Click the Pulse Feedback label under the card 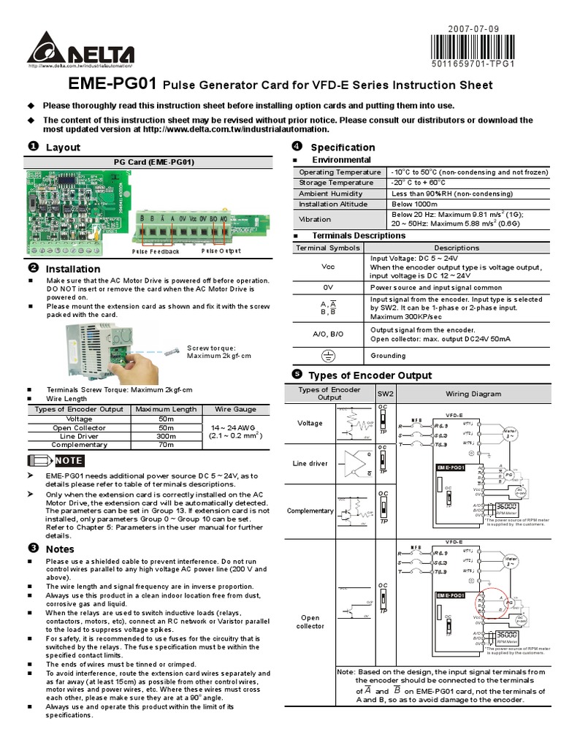coord(156,251)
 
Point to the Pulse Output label coord(221,251)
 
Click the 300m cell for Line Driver coord(166,436)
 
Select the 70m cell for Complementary coord(166,444)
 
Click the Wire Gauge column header coord(234,410)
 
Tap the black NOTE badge coord(69,460)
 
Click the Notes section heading coord(60,549)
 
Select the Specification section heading coord(343,147)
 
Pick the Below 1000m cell coord(413,205)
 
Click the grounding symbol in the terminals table coord(328,356)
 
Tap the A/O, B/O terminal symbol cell coord(328,334)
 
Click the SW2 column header coord(385,394)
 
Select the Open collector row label coord(310,622)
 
